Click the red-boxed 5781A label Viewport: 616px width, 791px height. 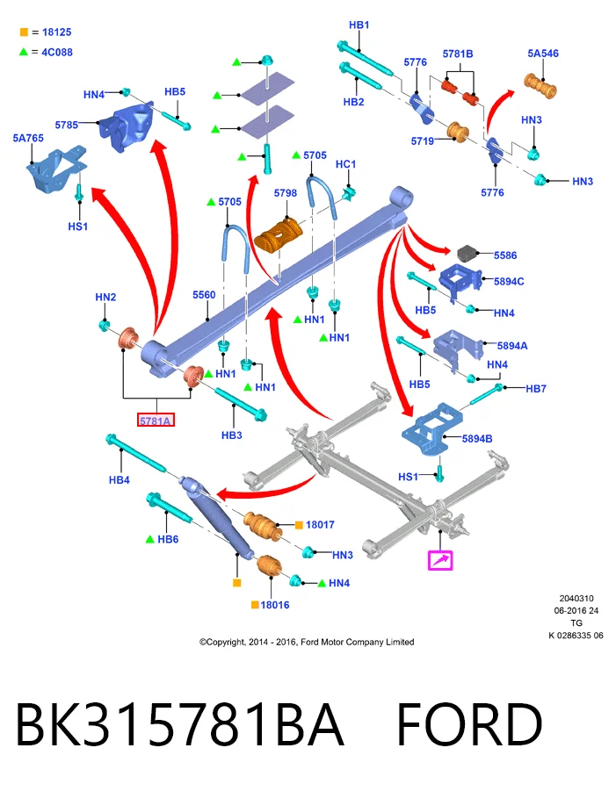156,420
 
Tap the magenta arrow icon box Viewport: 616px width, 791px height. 439,560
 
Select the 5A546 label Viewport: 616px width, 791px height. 543,54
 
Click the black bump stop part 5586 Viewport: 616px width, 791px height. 468,253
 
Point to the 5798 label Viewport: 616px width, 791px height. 286,193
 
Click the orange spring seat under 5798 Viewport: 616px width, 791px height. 279,235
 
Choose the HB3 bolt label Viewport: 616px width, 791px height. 232,435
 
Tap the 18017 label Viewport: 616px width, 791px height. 320,525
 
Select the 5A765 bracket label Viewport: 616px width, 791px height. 28,138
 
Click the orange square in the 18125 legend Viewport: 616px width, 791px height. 24,32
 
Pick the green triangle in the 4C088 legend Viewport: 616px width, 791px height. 23,52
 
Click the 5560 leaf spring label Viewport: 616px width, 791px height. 204,295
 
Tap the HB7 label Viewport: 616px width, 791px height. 536,388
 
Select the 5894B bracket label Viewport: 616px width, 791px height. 477,439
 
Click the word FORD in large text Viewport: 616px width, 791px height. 469,724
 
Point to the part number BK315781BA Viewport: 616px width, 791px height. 180,724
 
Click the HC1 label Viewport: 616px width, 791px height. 346,164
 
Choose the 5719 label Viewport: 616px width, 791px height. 423,141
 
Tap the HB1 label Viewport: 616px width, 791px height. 359,25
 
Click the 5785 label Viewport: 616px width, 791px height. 67,125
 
